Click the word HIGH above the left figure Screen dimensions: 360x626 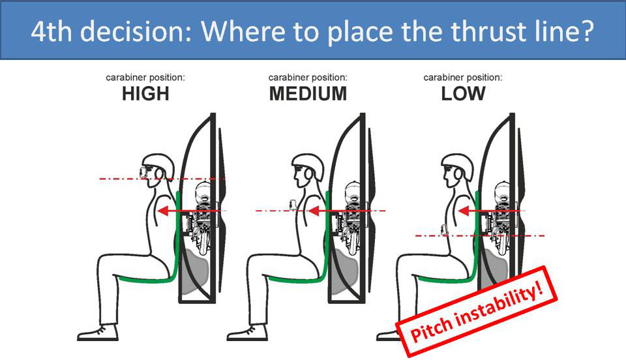tap(145, 94)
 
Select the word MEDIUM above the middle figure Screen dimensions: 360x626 tap(308, 94)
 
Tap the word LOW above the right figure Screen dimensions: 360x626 tap(463, 94)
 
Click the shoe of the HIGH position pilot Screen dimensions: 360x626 tap(98, 333)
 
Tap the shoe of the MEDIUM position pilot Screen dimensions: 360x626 tap(247, 333)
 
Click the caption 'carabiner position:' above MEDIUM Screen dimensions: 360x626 tap(308, 77)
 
